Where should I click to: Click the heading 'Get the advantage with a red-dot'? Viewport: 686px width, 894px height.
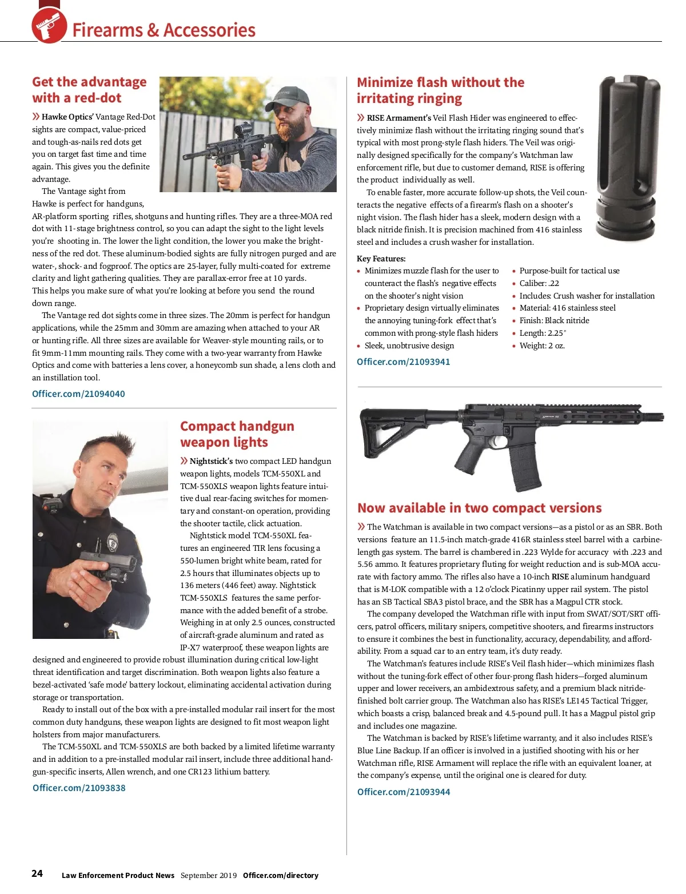click(89, 90)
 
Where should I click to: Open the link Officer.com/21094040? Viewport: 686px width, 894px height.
click(78, 394)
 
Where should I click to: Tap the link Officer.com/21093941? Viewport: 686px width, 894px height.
click(403, 361)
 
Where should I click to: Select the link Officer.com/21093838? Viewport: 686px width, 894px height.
click(79, 788)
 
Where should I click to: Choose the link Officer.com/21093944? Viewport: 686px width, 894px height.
click(404, 792)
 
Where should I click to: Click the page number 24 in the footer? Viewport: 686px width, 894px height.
click(37, 873)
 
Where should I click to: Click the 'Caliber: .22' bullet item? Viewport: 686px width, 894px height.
click(539, 283)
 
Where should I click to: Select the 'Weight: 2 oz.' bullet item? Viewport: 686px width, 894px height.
click(542, 345)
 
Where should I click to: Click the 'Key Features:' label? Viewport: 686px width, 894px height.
click(381, 259)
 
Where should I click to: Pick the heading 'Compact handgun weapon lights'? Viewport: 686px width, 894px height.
click(237, 434)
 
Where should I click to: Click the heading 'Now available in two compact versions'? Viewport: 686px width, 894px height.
click(479, 508)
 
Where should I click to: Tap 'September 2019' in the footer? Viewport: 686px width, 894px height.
click(208, 875)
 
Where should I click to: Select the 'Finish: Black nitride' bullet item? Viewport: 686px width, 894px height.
click(554, 320)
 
